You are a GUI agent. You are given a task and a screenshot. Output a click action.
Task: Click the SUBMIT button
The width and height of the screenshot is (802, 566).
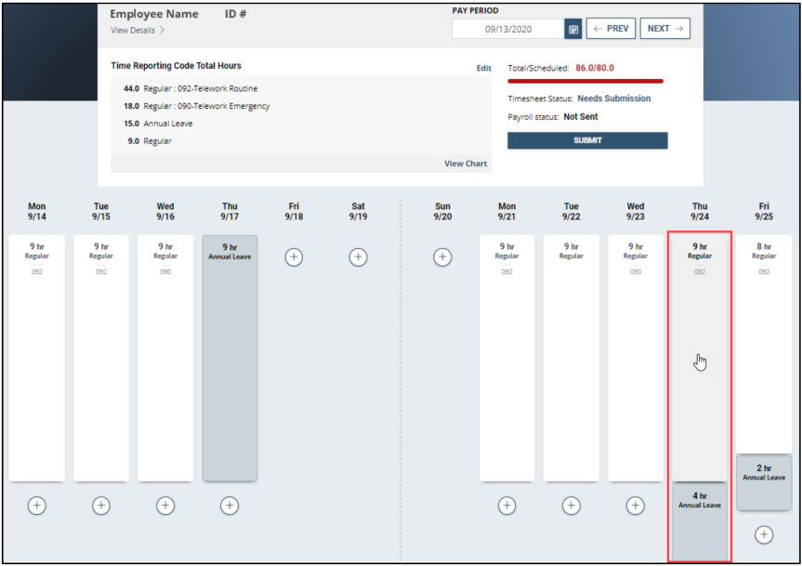point(587,140)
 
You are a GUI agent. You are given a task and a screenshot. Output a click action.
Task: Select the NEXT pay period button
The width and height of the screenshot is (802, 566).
point(664,29)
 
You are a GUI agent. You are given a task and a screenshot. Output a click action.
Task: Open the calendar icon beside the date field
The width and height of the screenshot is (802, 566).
point(573,29)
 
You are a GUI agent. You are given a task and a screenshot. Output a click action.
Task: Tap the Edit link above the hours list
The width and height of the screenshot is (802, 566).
point(484,68)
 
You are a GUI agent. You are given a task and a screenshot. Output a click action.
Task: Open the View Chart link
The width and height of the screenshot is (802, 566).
point(466,164)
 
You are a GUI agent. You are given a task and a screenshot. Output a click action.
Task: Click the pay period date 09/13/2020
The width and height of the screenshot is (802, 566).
point(508,29)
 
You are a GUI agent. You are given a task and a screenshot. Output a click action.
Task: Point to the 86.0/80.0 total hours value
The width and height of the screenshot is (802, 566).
point(595,68)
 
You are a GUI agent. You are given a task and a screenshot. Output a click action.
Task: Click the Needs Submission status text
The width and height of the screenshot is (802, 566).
point(613,99)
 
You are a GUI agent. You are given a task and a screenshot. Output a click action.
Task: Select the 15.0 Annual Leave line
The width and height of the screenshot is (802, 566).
point(158,124)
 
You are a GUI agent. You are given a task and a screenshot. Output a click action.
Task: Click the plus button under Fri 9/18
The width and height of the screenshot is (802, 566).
point(294,257)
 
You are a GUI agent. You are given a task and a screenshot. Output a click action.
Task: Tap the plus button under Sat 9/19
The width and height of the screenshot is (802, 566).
point(358,257)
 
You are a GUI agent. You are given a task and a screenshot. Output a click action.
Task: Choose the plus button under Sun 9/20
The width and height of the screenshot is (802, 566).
point(442,257)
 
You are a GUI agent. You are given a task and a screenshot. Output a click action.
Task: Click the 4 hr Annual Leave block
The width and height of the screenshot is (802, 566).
point(700,521)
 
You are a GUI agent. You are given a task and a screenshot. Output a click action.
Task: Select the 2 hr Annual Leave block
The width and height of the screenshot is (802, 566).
point(764,482)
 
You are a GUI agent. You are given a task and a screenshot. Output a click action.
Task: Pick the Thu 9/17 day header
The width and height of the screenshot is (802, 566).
point(230,211)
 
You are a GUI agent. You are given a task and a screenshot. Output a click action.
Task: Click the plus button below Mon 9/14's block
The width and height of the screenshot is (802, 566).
point(37,506)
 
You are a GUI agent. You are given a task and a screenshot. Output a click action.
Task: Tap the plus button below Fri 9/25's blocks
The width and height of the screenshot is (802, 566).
point(764,534)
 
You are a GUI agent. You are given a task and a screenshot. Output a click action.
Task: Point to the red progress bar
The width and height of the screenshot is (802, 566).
point(585,81)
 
